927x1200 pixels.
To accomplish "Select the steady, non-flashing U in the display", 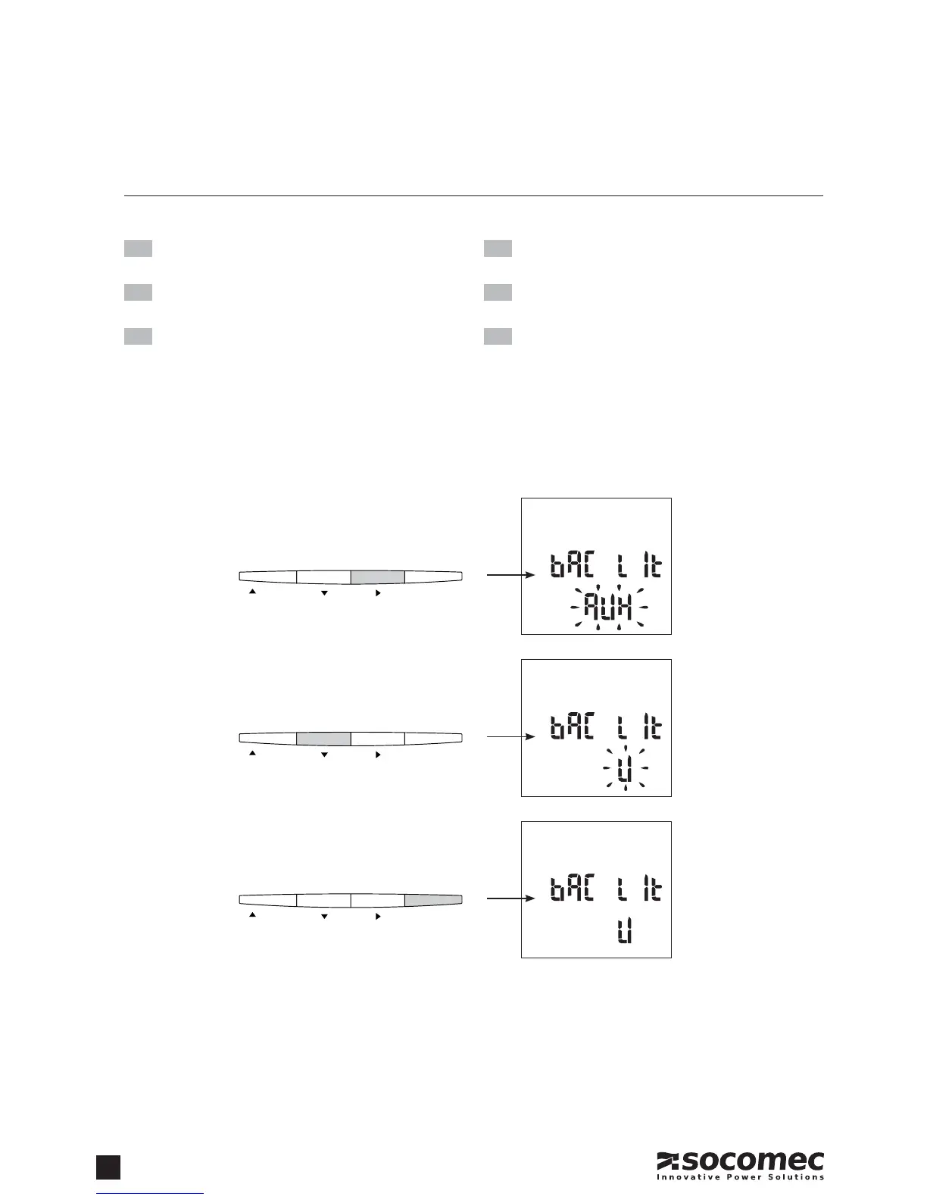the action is click(x=625, y=934).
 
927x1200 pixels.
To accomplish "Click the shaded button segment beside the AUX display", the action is click(x=377, y=577).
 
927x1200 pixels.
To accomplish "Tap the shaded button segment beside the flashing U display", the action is click(x=323, y=739).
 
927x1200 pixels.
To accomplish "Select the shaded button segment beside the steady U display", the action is click(x=433, y=900).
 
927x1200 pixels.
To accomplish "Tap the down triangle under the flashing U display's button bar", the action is click(x=324, y=755).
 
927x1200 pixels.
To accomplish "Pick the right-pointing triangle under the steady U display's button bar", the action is click(x=378, y=917).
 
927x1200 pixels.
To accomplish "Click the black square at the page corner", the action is click(x=108, y=1167).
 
